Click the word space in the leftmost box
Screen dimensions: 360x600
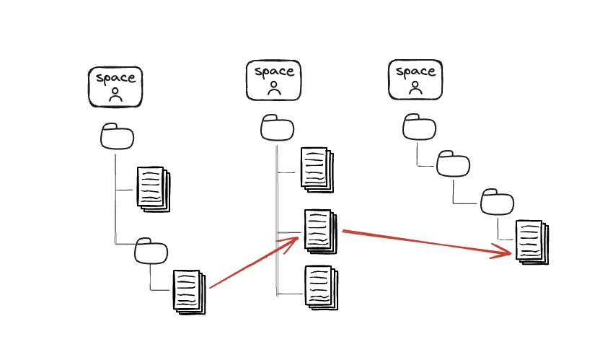pyautogui.click(x=115, y=78)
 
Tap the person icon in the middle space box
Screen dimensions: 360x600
pyautogui.click(x=274, y=89)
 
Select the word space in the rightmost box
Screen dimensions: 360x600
pyautogui.click(x=416, y=71)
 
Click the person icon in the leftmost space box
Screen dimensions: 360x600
pyautogui.click(x=115, y=95)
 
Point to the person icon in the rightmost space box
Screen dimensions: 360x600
pyautogui.click(x=415, y=88)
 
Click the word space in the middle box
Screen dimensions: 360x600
pyautogui.click(x=274, y=71)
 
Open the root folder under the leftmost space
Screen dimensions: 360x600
pyautogui.click(x=117, y=136)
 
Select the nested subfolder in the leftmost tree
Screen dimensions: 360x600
pyautogui.click(x=151, y=250)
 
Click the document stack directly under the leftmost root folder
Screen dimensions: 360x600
pyautogui.click(x=152, y=189)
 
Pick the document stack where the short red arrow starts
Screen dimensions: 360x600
pyautogui.click(x=189, y=291)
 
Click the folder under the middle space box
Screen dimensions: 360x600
pyautogui.click(x=277, y=128)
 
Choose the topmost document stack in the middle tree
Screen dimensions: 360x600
pyautogui.click(x=317, y=170)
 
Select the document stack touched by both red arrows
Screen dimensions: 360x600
pyautogui.click(x=320, y=231)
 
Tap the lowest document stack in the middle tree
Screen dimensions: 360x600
pyautogui.click(x=320, y=287)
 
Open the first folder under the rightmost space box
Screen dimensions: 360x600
pyautogui.click(x=419, y=128)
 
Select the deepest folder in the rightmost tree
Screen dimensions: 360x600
pyautogui.click(x=498, y=201)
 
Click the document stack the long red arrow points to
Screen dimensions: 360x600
pyautogui.click(x=531, y=242)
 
